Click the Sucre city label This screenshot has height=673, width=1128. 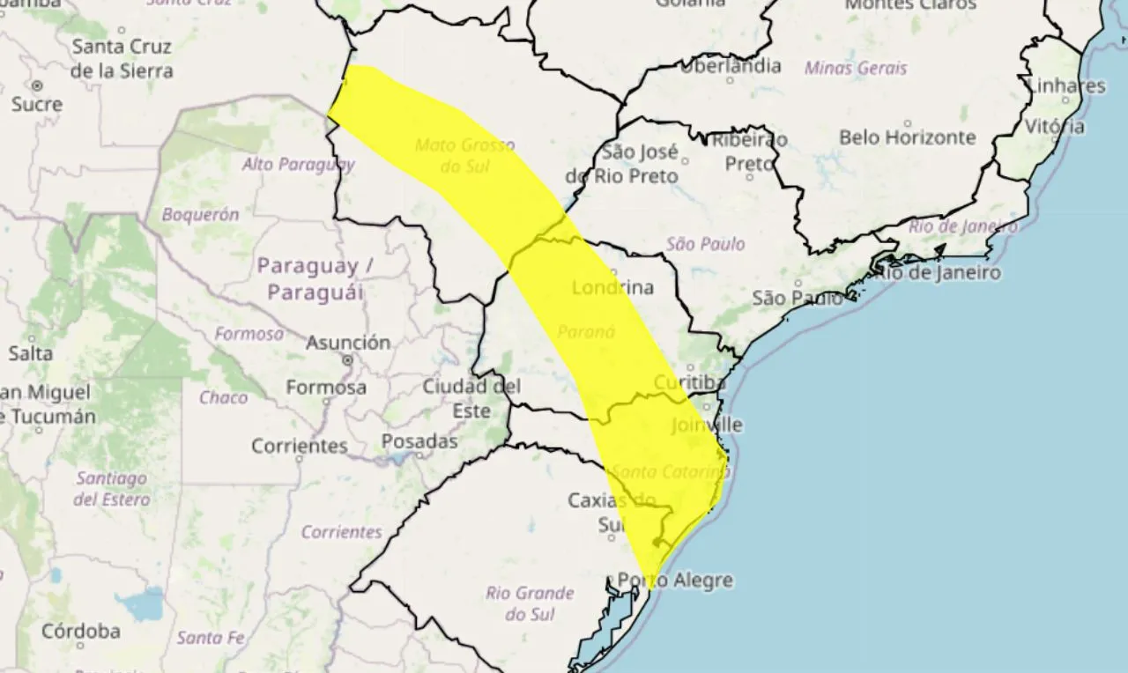(37, 105)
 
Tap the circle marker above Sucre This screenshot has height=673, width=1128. (37, 85)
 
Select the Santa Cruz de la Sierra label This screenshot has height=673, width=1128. (122, 58)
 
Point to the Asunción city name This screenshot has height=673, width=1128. (348, 342)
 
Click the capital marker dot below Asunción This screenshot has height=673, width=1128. (348, 359)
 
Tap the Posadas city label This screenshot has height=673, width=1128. (419, 441)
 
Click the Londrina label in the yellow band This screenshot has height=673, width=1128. (612, 288)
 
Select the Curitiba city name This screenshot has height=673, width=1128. (690, 382)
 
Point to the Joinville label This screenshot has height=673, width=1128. (707, 425)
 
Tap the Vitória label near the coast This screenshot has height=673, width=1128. (1055, 126)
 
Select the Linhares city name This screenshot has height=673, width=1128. (1065, 85)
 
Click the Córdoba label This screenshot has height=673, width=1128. (81, 631)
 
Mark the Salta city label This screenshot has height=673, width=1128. (31, 353)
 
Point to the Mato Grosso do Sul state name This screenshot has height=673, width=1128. (464, 155)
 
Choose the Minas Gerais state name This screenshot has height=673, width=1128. (856, 68)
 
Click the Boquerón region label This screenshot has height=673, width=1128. (200, 214)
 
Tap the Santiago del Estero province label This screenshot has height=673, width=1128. (111, 489)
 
